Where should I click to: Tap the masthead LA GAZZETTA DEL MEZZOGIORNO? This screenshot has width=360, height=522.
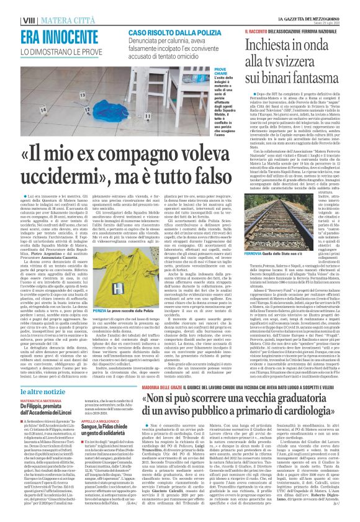(x=316, y=4)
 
